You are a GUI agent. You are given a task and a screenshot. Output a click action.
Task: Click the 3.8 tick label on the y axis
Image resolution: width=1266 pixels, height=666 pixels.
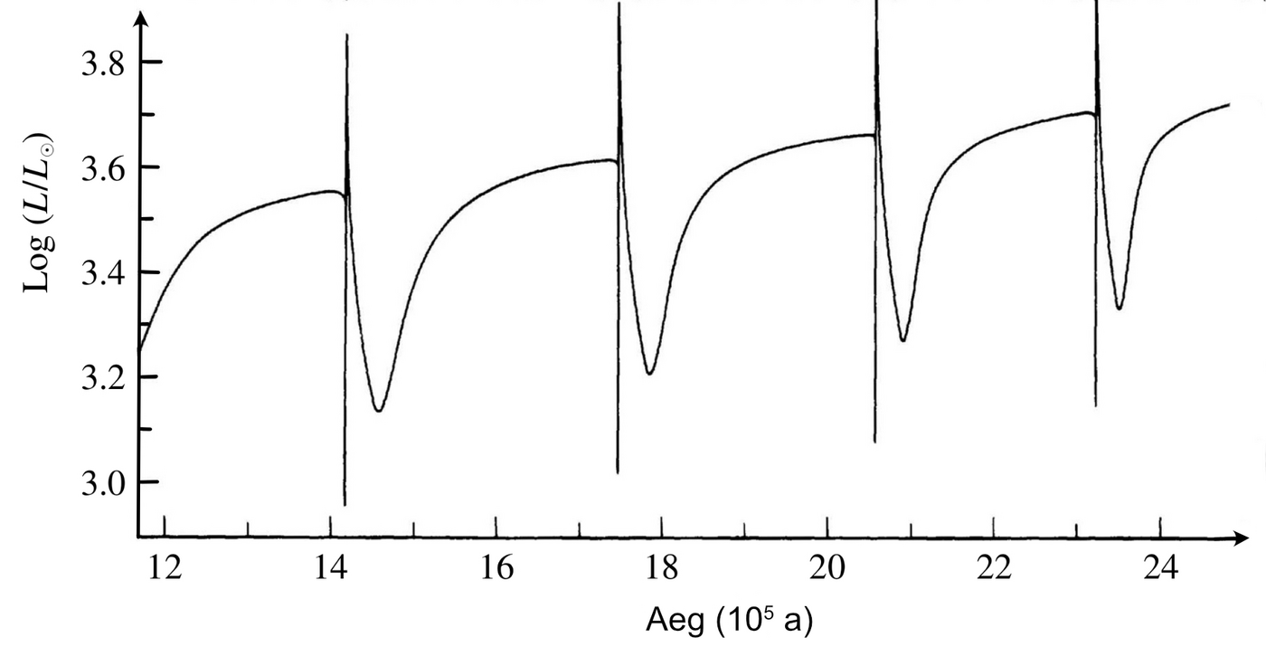pyautogui.click(x=105, y=65)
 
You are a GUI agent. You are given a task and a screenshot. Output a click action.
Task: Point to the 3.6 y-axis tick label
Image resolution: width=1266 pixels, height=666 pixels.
pyautogui.click(x=105, y=169)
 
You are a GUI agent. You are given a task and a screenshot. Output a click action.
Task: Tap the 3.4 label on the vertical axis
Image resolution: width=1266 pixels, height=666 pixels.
pyautogui.click(x=105, y=273)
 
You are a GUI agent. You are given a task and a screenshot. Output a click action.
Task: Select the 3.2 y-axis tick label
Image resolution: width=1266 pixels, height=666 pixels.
pyautogui.click(x=105, y=377)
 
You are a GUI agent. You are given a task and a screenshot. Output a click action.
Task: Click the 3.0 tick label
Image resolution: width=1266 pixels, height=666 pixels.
pyautogui.click(x=105, y=482)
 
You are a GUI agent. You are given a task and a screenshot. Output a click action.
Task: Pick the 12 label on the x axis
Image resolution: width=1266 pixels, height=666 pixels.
pyautogui.click(x=165, y=570)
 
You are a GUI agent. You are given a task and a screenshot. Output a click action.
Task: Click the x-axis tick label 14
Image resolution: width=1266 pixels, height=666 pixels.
pyautogui.click(x=331, y=570)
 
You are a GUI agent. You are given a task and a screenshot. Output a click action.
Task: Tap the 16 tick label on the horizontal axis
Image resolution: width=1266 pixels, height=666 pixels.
pyautogui.click(x=496, y=570)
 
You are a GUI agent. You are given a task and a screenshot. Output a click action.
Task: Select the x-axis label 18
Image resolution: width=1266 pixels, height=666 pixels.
pyautogui.click(x=662, y=570)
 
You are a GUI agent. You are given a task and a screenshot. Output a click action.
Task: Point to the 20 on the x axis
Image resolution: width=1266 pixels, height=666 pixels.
pyautogui.click(x=828, y=570)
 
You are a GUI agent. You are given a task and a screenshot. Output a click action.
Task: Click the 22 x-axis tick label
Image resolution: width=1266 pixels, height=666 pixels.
pyautogui.click(x=994, y=570)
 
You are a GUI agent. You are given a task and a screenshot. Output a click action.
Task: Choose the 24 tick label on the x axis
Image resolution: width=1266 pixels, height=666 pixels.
pyautogui.click(x=1160, y=570)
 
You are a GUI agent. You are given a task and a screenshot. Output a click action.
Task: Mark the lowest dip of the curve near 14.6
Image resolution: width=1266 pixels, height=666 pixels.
pyautogui.click(x=379, y=411)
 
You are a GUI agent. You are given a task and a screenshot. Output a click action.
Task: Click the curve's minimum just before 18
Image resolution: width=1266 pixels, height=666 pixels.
pyautogui.click(x=649, y=373)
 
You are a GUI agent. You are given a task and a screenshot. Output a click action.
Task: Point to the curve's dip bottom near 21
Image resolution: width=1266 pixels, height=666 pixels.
pyautogui.click(x=902, y=340)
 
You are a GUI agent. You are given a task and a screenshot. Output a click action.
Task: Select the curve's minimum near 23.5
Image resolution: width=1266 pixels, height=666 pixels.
pyautogui.click(x=1120, y=309)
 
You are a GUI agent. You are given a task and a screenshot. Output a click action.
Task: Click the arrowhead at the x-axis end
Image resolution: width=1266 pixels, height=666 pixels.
pyautogui.click(x=1242, y=538)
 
